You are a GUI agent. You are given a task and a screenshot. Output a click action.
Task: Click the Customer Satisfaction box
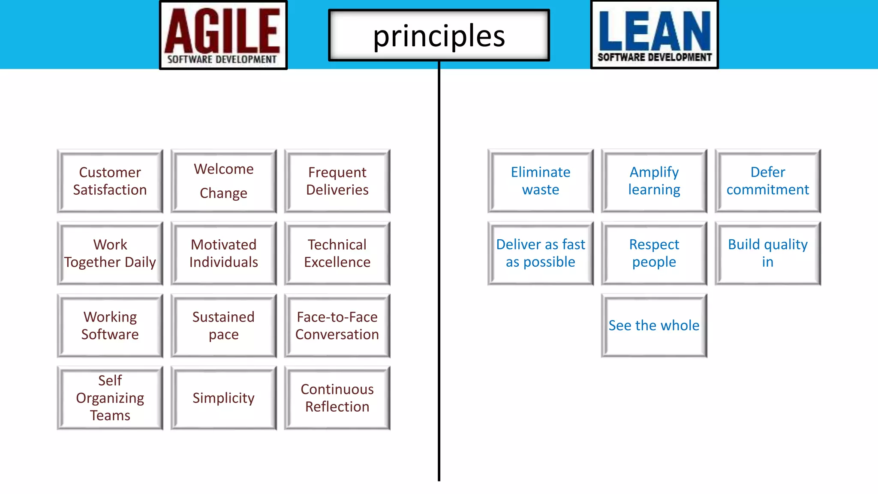tap(110, 181)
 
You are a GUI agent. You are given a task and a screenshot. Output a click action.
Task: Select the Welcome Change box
tap(223, 181)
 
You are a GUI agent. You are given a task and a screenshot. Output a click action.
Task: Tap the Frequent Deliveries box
tap(337, 181)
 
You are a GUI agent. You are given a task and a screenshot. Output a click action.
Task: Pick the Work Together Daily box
tap(110, 253)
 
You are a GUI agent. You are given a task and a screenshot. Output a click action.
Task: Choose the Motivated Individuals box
tap(223, 253)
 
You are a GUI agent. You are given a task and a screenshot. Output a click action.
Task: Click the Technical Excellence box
tap(337, 253)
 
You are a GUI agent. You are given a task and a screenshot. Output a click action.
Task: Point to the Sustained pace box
tap(223, 325)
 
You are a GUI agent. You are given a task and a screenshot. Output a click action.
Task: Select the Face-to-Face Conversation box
tap(337, 325)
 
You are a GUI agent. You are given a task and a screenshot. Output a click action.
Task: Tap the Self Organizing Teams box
tap(110, 398)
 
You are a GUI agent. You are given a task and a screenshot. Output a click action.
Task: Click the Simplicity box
tap(223, 398)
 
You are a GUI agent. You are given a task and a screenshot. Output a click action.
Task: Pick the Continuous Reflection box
tap(337, 398)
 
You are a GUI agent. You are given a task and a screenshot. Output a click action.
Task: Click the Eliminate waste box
tap(540, 181)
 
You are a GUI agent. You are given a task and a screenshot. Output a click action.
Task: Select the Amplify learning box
tap(654, 181)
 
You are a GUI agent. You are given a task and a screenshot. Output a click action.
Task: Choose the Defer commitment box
tap(767, 181)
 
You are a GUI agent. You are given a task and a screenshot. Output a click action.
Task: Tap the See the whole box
tap(654, 325)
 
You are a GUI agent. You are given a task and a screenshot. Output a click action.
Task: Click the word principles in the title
tap(439, 36)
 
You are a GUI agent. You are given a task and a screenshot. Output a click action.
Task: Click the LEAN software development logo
tap(654, 34)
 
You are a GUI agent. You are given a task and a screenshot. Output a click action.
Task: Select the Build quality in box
tap(767, 253)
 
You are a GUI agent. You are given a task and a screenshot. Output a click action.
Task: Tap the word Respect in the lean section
tap(654, 244)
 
